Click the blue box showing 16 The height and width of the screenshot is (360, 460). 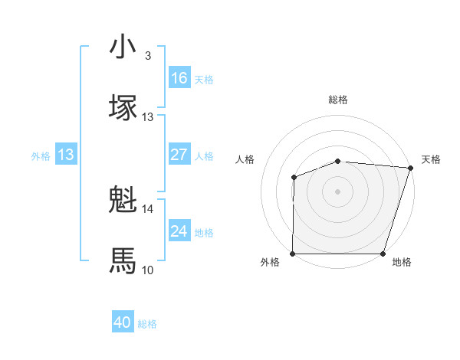(x=179, y=78)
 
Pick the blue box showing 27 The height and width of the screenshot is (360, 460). (x=179, y=155)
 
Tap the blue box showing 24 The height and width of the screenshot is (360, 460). (x=179, y=231)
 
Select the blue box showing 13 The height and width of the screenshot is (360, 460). (x=66, y=155)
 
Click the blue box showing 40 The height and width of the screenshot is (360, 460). (x=123, y=322)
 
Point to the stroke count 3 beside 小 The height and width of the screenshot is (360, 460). (x=148, y=56)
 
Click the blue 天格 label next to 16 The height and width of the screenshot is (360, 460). (x=204, y=79)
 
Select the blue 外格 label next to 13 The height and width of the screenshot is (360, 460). (x=41, y=155)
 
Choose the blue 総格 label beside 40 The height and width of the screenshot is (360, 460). (x=147, y=323)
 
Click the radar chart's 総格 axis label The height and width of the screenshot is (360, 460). (x=338, y=100)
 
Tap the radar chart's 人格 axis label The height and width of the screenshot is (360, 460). (x=245, y=159)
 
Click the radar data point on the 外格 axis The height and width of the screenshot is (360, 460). (x=293, y=254)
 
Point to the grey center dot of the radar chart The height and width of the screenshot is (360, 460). (x=338, y=191)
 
